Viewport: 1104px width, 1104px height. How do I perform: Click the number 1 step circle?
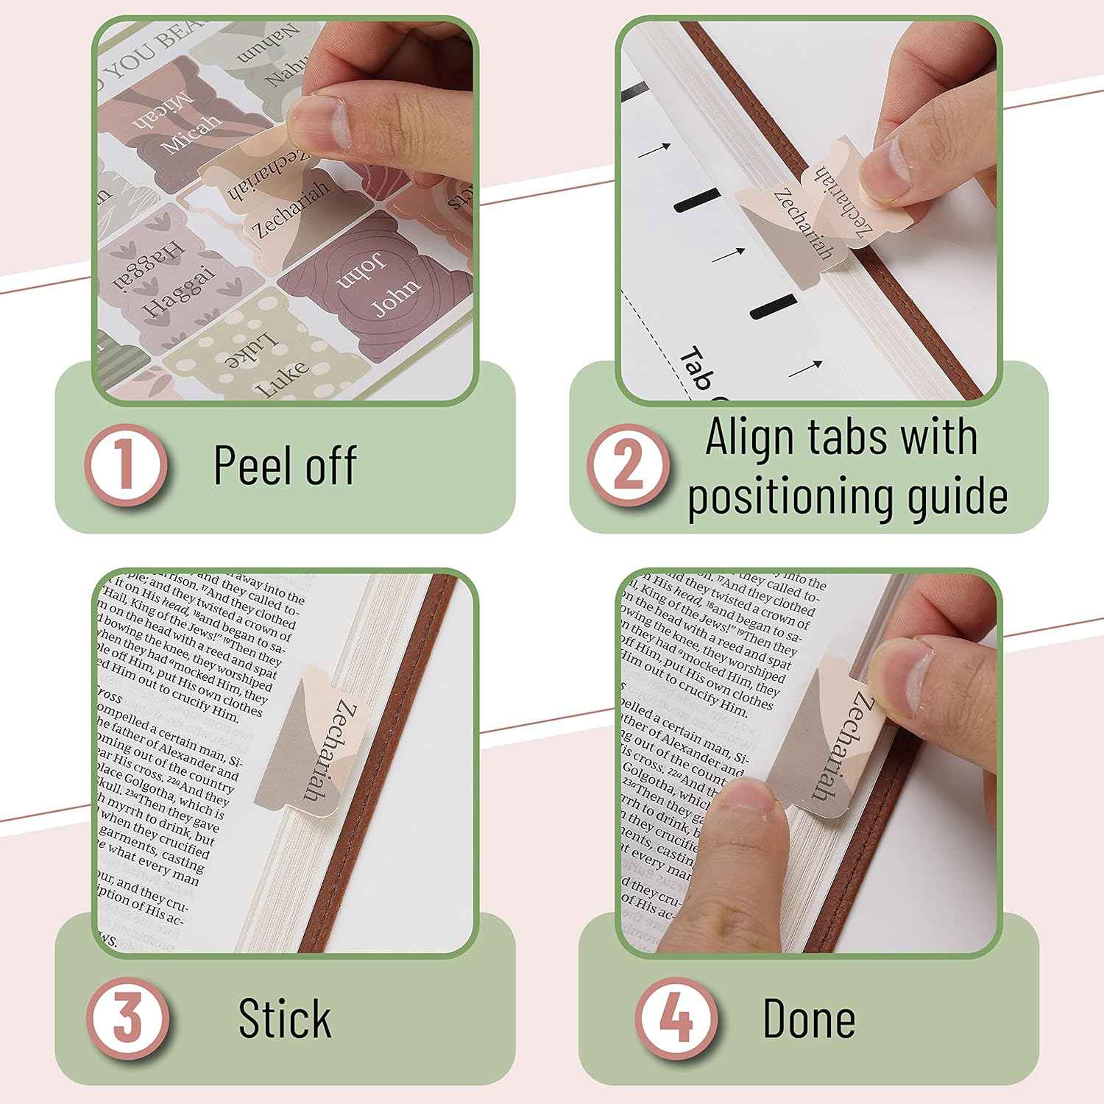coord(125,465)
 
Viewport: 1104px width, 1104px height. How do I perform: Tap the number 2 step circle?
coord(628,465)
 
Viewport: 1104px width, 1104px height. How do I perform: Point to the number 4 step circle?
coord(676,1019)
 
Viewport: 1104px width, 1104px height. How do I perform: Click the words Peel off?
coord(285,465)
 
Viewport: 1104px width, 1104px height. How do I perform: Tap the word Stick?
coord(285,1019)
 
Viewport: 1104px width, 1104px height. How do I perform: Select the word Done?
coord(809,1019)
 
